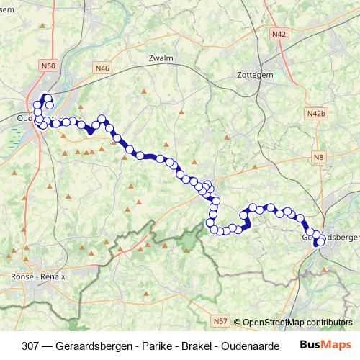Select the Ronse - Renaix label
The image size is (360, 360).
click(38, 276)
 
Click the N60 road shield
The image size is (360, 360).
click(48, 66)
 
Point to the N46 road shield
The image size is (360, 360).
click(102, 68)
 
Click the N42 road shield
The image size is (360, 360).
click(279, 34)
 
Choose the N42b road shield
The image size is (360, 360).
click(316, 114)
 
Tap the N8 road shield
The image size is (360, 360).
click(318, 157)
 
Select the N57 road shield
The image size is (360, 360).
click(220, 320)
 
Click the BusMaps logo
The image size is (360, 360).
click(325, 345)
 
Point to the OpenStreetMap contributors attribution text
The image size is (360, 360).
click(297, 322)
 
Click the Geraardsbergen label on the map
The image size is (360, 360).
click(333, 236)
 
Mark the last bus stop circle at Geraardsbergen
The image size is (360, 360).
click(320, 243)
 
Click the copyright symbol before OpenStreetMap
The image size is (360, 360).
click(237, 322)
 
